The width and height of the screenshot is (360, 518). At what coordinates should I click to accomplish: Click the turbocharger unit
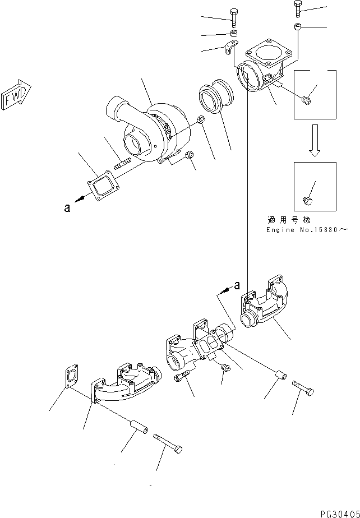[150, 130]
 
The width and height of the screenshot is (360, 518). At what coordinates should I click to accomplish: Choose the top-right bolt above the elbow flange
[298, 8]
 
